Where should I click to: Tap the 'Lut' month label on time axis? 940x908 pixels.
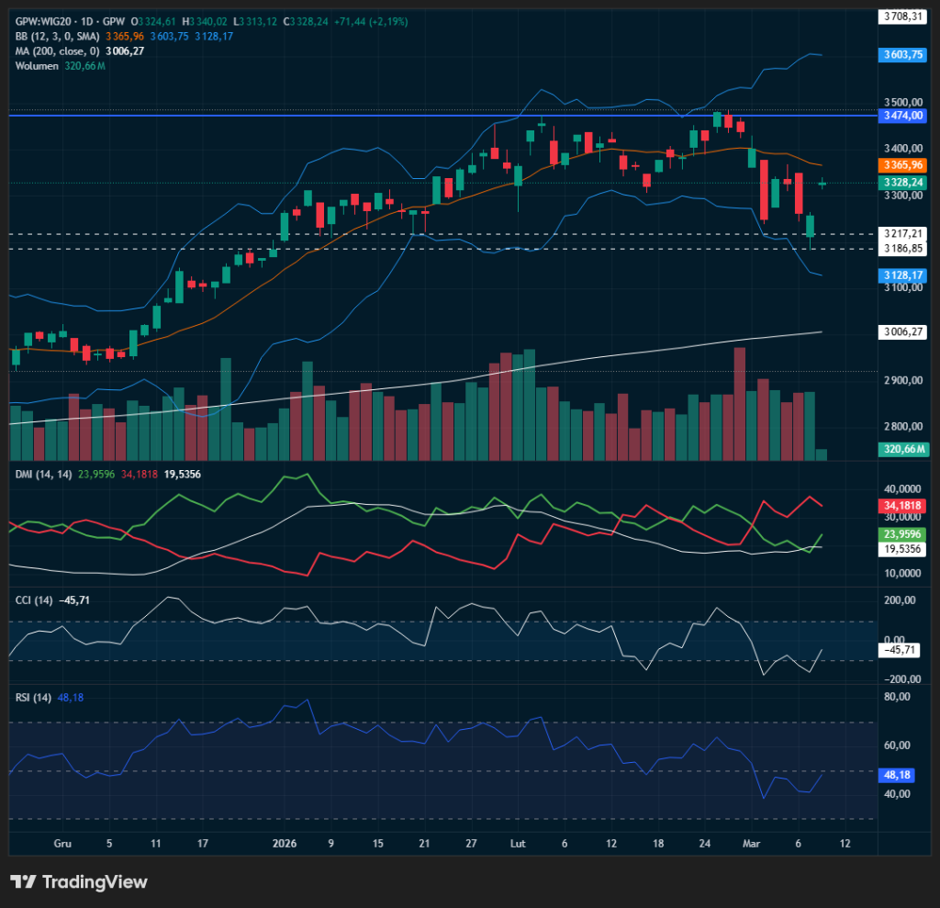click(518, 843)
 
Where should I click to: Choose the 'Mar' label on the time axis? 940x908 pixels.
click(751, 843)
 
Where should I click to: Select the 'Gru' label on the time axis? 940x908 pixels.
click(62, 843)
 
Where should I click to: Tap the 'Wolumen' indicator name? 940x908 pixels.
click(37, 65)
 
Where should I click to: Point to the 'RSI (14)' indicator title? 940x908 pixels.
click(33, 697)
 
